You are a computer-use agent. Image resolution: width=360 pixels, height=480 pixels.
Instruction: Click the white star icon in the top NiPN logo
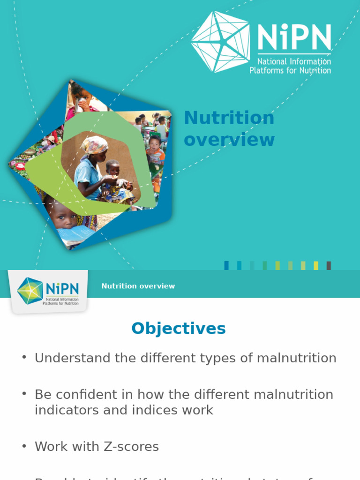pos(220,42)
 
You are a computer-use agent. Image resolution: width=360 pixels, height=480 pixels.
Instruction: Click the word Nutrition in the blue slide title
pos(229,118)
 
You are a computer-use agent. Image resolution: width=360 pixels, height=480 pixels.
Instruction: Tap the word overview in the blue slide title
pos(229,140)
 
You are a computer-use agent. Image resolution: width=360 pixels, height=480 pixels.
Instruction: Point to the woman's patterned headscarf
pos(94,144)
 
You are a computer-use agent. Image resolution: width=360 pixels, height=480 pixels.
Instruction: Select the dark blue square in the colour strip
pos(227,265)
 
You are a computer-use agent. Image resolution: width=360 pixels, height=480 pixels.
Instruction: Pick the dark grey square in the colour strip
pos(329,265)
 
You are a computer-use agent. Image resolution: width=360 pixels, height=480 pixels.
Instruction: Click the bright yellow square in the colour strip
pos(316,265)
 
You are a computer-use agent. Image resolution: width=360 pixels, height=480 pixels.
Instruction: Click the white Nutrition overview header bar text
pos(138,286)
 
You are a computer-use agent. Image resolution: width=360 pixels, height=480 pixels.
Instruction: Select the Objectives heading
pos(179,329)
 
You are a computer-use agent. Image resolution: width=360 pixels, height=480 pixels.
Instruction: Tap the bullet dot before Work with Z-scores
pos(24,446)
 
